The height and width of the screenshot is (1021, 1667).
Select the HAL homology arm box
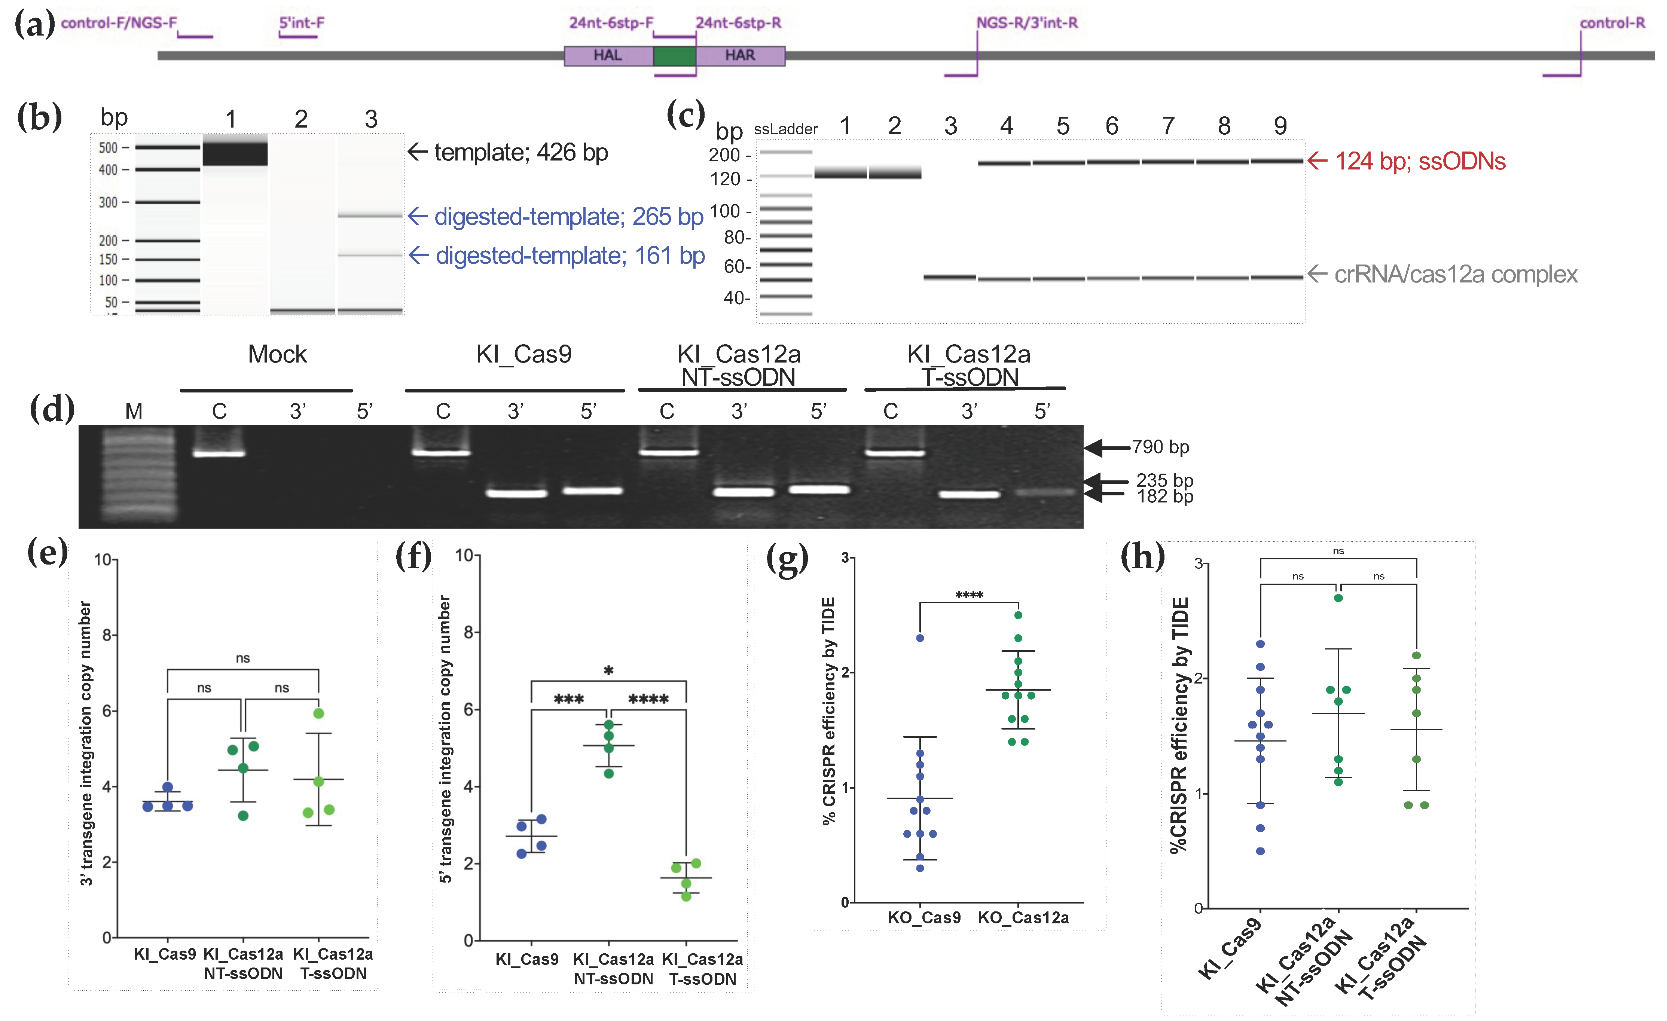tap(608, 55)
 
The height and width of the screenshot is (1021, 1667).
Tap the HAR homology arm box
tap(740, 55)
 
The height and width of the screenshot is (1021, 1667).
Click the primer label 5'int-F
tap(302, 23)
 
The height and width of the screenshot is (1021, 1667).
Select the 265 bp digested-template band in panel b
tap(370, 216)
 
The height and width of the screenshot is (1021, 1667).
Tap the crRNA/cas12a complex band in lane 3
tap(949, 277)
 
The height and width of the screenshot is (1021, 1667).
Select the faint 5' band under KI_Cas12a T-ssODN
tap(1044, 492)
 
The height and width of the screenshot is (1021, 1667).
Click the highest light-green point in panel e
tap(319, 713)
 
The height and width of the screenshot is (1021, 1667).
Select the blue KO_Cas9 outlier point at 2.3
tap(919, 638)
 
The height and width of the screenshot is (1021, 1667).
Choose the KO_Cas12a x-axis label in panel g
tap(1023, 917)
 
